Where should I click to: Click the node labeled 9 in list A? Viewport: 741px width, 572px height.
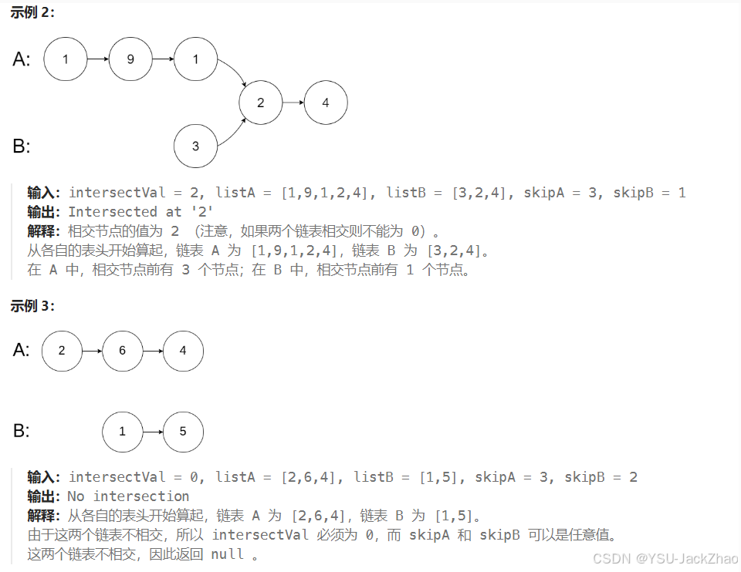coord(130,59)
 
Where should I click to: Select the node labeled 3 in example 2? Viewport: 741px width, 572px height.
coord(195,146)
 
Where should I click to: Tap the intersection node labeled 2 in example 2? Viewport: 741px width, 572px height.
coord(260,103)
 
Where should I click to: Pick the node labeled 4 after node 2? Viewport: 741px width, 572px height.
coord(325,103)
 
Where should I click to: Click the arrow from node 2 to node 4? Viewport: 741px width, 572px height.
coord(293,103)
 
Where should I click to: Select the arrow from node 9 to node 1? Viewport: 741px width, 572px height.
coord(163,59)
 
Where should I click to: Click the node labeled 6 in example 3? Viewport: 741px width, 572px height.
coord(122,351)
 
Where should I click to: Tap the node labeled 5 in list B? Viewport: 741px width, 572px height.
coord(183,432)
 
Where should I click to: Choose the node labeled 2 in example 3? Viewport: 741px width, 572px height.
coord(62,351)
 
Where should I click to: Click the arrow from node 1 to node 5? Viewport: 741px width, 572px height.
coord(153,432)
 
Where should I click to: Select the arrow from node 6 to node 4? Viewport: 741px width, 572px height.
coord(153,351)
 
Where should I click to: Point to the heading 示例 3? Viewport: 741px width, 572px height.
coord(32,306)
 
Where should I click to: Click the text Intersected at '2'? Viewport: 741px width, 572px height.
coord(140,211)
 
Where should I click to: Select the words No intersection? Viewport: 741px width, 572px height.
coord(128,496)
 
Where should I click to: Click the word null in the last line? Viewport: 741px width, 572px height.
coord(227,554)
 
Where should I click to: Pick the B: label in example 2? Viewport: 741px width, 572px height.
coord(22,146)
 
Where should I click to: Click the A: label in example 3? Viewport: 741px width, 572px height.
coord(22,351)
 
